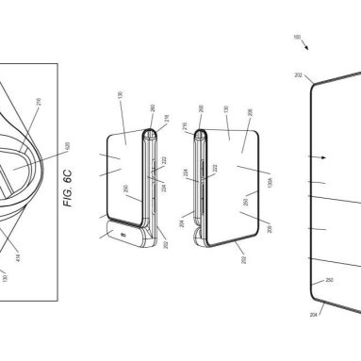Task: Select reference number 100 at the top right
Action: (x=298, y=39)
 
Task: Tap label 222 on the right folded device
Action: (x=213, y=167)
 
